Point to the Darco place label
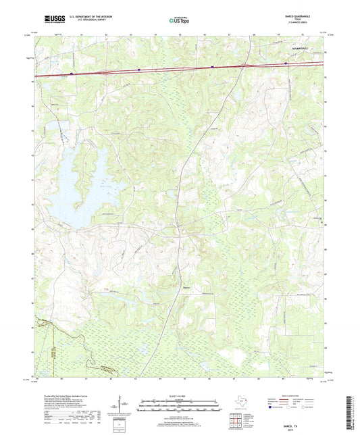click(x=186, y=288)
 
